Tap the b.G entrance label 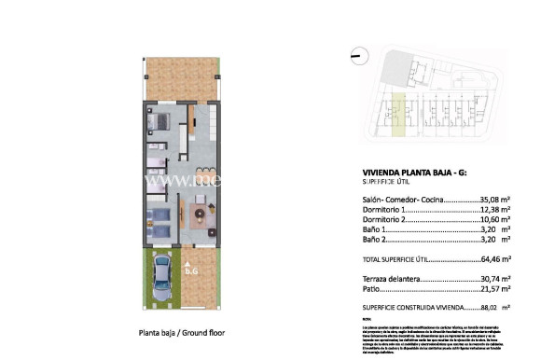coord(193,271)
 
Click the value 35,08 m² coord(494,200)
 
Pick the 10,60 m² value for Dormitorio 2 coord(494,222)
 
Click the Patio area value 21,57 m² coord(494,290)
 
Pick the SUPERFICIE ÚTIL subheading coord(389,183)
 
